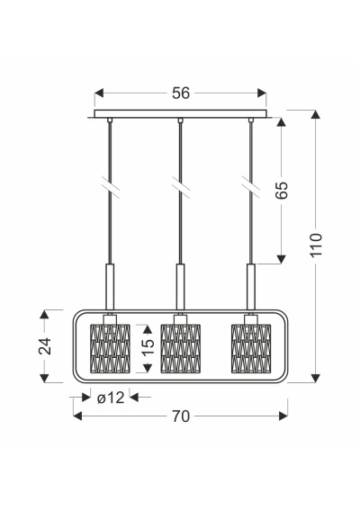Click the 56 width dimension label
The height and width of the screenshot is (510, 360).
[x=181, y=93]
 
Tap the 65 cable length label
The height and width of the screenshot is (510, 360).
[x=282, y=190]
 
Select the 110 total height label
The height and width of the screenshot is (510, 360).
[x=316, y=245]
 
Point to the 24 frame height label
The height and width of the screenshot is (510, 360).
[x=45, y=345]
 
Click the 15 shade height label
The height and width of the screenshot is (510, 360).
[x=148, y=348]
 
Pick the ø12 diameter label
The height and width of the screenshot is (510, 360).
[x=111, y=398]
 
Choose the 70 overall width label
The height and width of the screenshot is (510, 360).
[x=181, y=416]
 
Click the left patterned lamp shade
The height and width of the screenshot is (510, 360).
[x=110, y=348]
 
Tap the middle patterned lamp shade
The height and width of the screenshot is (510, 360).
[x=181, y=348]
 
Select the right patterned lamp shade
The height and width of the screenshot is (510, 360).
[x=251, y=348]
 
